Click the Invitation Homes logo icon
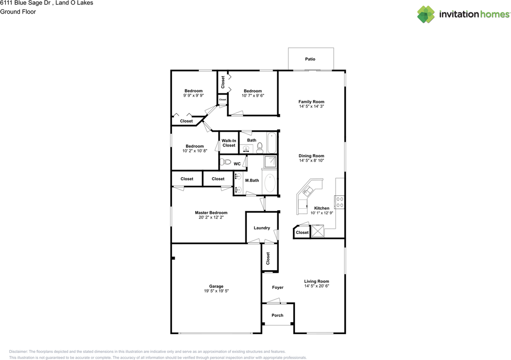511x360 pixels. coord(426,14)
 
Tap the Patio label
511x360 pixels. coord(310,59)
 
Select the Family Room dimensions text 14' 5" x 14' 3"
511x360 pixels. coord(311,107)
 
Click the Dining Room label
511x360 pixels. coord(311,156)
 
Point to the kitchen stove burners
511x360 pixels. coord(340,202)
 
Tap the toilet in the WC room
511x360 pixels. coord(226,162)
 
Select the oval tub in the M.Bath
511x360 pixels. coord(270,184)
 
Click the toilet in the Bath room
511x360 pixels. coord(260,148)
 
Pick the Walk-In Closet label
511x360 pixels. coord(229,143)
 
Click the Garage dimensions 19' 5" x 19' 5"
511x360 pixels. coord(216,291)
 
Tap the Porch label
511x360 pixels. coord(277,315)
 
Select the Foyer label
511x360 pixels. coord(277,287)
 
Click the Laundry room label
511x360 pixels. coord(262,228)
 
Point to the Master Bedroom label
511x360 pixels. coord(211,213)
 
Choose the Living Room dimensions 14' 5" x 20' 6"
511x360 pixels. coord(317,286)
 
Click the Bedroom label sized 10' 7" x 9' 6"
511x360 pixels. coord(253,91)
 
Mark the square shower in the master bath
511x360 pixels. coord(270,162)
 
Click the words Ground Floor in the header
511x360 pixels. coord(18,12)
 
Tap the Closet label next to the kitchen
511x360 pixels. coord(302,233)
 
